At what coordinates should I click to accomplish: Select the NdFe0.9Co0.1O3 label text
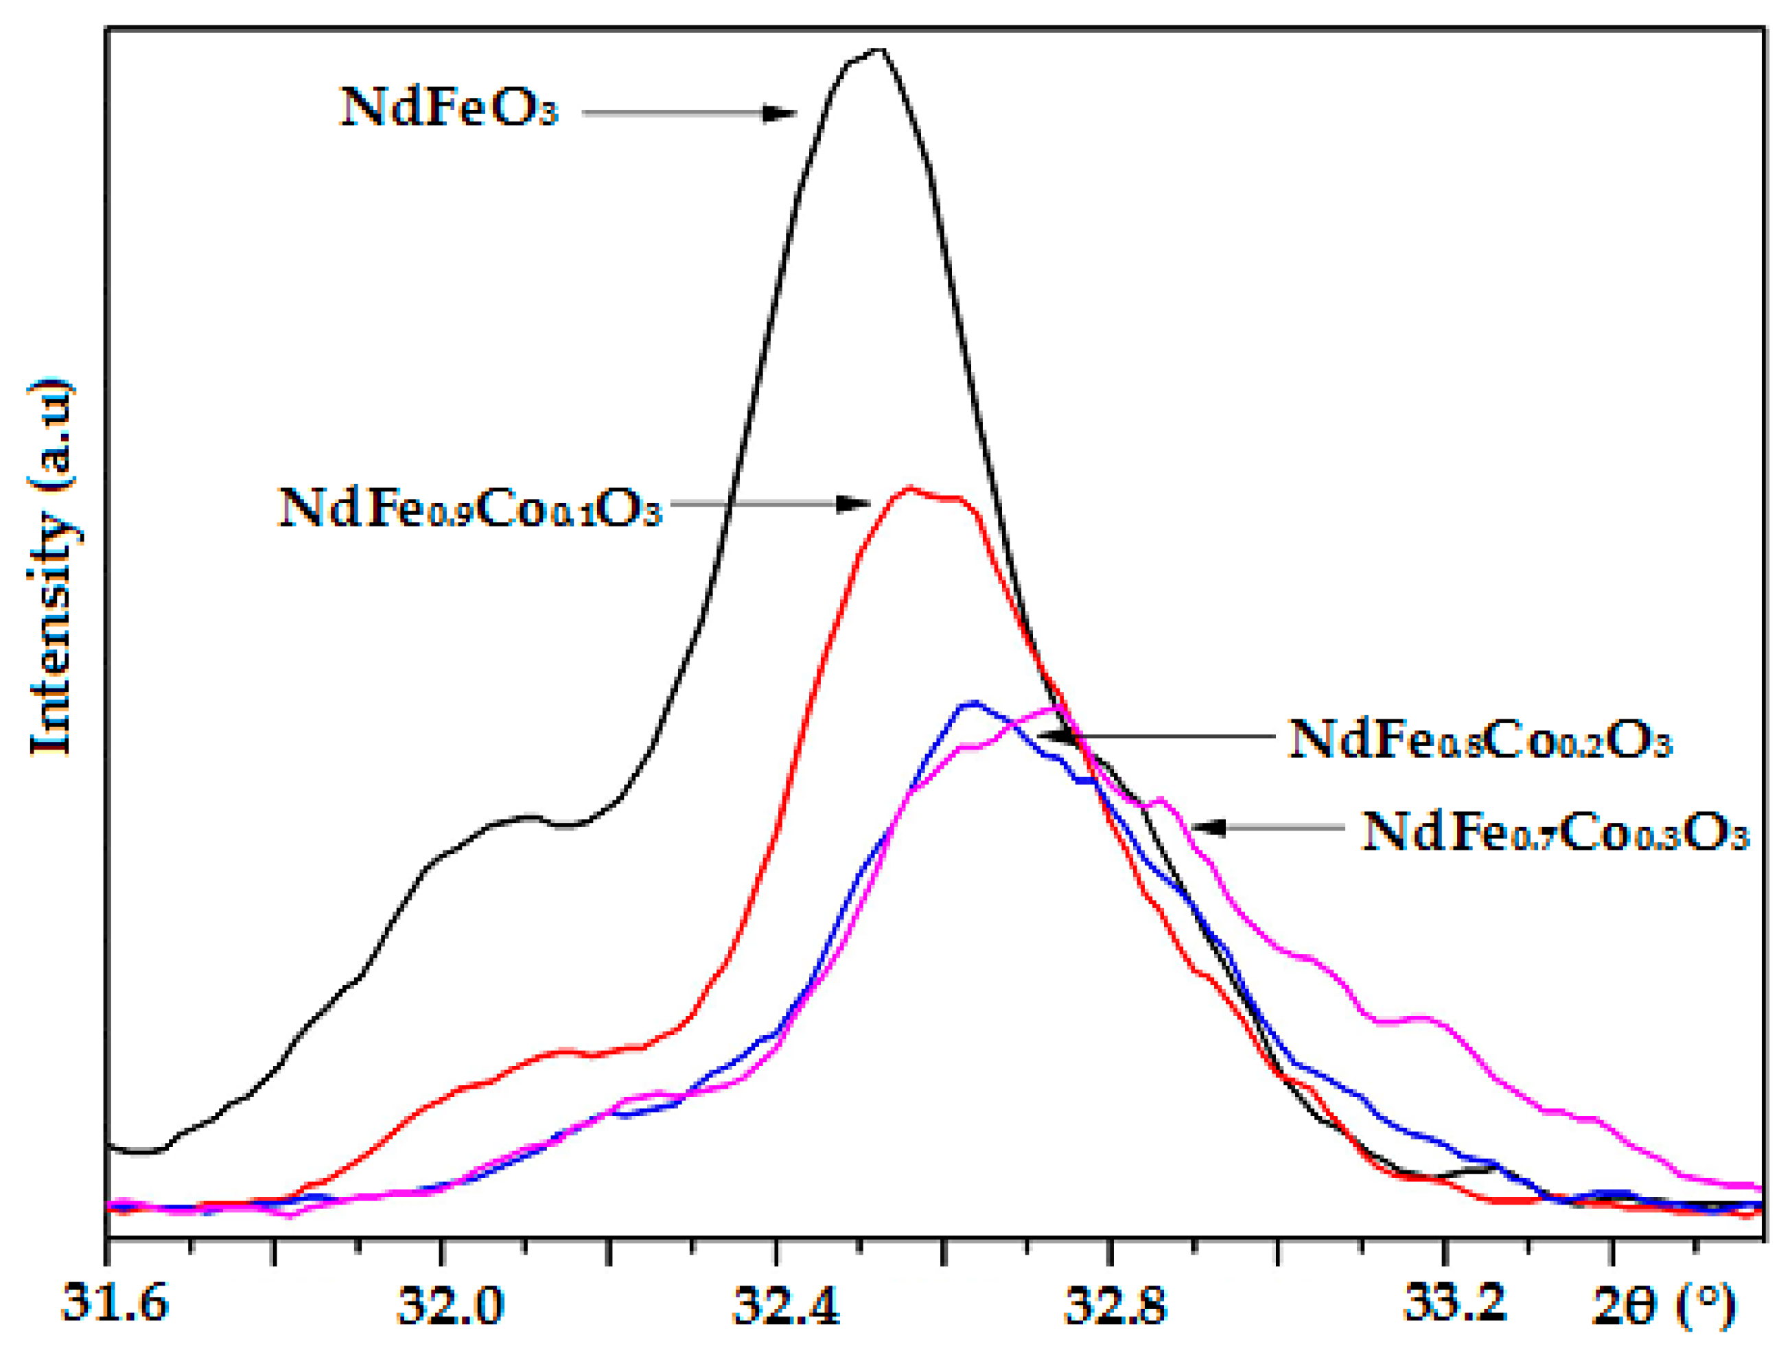point(469,508)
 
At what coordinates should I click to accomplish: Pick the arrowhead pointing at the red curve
point(854,504)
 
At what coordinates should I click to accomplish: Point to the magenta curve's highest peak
point(1056,707)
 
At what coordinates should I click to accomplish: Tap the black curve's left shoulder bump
point(528,816)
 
